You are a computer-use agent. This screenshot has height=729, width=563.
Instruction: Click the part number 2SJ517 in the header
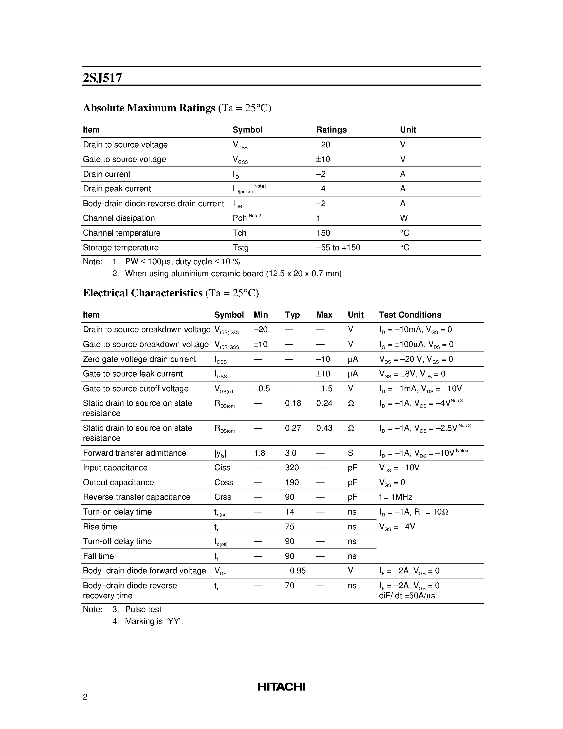click(102, 78)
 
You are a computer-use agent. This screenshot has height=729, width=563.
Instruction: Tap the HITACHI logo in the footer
click(281, 687)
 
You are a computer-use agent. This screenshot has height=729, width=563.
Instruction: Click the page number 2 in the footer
click(85, 697)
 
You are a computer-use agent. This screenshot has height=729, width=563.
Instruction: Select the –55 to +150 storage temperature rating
click(338, 247)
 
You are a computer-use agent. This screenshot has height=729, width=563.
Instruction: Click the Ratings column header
click(331, 130)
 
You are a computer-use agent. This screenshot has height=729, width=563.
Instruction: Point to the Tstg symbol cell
click(241, 247)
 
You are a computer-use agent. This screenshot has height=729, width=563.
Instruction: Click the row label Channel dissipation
click(119, 218)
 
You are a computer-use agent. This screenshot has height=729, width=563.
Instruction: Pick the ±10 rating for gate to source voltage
click(323, 159)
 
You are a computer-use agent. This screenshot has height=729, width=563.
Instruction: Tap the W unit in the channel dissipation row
click(404, 218)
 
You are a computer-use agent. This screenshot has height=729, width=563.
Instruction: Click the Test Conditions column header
click(410, 315)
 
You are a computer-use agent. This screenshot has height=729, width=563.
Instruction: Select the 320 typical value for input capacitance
click(292, 468)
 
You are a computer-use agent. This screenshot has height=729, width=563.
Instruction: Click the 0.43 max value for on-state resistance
click(324, 428)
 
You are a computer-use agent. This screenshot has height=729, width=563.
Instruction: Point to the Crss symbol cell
click(223, 497)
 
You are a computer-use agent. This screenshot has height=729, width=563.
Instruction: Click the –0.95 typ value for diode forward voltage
click(295, 571)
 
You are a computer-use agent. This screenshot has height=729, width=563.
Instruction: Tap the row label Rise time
click(100, 527)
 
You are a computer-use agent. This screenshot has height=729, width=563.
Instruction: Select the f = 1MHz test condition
click(396, 497)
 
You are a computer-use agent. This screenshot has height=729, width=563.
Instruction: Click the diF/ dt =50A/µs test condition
click(407, 596)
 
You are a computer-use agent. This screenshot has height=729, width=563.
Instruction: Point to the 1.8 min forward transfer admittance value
click(259, 453)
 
